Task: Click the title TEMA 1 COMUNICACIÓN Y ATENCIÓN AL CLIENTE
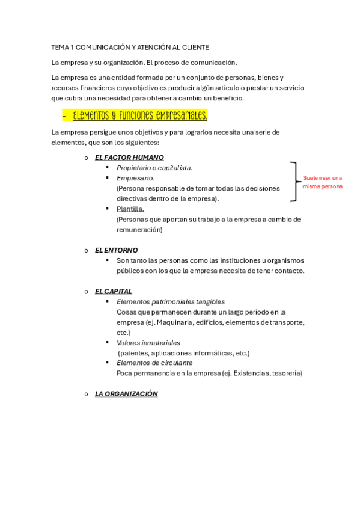[x=130, y=47]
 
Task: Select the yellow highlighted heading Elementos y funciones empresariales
[x=139, y=115]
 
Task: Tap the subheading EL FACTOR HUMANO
[x=129, y=158]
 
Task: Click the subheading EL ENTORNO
[x=116, y=250]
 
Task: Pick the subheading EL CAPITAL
[x=114, y=291]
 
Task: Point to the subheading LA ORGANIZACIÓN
[x=126, y=394]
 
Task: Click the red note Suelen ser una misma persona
[x=323, y=182]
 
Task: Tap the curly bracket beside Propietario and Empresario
[x=294, y=182]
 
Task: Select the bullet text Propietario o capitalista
[x=154, y=168]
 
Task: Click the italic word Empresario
[x=135, y=178]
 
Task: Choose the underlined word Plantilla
[x=130, y=209]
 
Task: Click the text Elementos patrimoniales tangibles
[x=171, y=301]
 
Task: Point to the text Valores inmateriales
[x=148, y=343]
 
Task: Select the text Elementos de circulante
[x=154, y=363]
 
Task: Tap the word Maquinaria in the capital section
[x=174, y=322]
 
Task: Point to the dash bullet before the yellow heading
[x=64, y=115]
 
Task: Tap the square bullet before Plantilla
[x=107, y=208]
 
